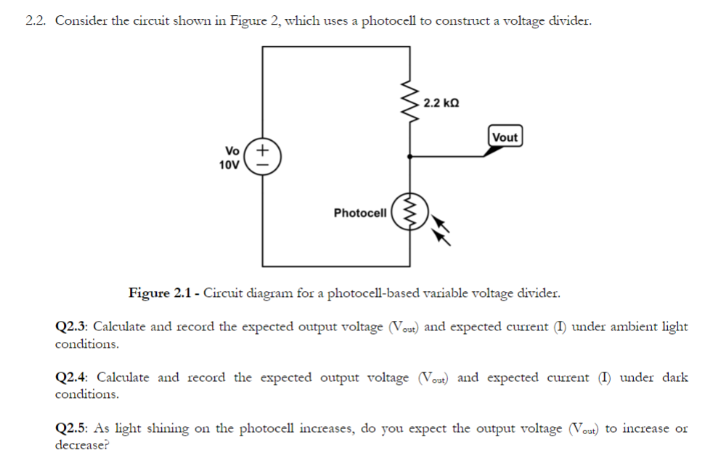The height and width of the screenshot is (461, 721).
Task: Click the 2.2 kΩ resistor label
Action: [441, 103]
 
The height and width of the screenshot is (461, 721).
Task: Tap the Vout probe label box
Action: [505, 137]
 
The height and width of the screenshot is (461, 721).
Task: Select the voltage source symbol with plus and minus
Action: [263, 157]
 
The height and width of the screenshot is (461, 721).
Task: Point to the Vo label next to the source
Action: [232, 151]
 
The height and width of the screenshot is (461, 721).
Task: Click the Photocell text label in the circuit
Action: [360, 213]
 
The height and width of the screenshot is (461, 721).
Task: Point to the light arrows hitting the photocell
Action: [440, 231]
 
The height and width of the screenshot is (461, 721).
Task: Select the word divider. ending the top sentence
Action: [569, 20]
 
